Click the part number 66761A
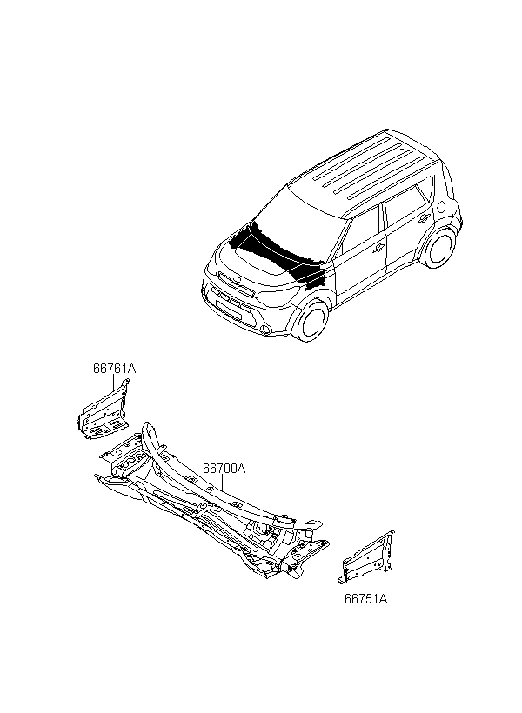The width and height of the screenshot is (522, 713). click(x=115, y=369)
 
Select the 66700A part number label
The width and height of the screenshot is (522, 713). click(x=224, y=468)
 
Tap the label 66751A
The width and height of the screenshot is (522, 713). click(x=365, y=598)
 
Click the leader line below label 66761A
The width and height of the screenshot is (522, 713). click(x=114, y=385)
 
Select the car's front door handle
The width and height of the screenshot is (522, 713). click(x=379, y=247)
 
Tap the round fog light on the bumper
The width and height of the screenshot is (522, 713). click(x=261, y=328)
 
